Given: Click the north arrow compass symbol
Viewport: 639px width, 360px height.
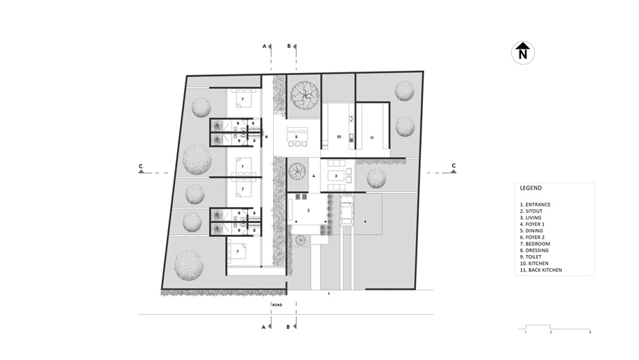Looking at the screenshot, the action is [x=523, y=53].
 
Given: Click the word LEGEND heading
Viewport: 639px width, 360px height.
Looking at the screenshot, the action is [x=531, y=188].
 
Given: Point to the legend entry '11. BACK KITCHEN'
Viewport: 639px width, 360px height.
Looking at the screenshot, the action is [x=541, y=270].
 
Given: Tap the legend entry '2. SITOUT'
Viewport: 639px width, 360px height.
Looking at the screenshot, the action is [x=531, y=211].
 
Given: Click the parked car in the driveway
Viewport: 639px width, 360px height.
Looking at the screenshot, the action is [x=347, y=210].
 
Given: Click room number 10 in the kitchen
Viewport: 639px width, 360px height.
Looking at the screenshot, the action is [x=339, y=137].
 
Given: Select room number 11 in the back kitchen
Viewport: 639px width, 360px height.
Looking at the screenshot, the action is [x=372, y=138].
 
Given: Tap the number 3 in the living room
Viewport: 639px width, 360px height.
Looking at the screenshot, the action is [x=335, y=176].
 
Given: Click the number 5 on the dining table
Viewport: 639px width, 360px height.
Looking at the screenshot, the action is [x=297, y=137].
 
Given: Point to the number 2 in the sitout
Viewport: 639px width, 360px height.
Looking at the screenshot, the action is [x=308, y=211].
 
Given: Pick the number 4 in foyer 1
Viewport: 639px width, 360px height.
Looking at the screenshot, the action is [x=314, y=176].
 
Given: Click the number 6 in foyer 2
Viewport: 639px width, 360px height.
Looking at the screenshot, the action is [x=267, y=137].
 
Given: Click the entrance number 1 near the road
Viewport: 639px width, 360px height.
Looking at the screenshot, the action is [x=329, y=293].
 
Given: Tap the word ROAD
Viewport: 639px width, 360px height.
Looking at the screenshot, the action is [x=277, y=305].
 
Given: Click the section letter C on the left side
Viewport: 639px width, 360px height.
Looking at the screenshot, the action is [x=140, y=166].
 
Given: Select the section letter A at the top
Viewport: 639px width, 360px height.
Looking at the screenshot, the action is [x=264, y=46].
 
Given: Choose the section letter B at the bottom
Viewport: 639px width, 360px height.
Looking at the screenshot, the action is [x=288, y=327].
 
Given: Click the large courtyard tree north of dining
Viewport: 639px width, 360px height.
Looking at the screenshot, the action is [x=304, y=95].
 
